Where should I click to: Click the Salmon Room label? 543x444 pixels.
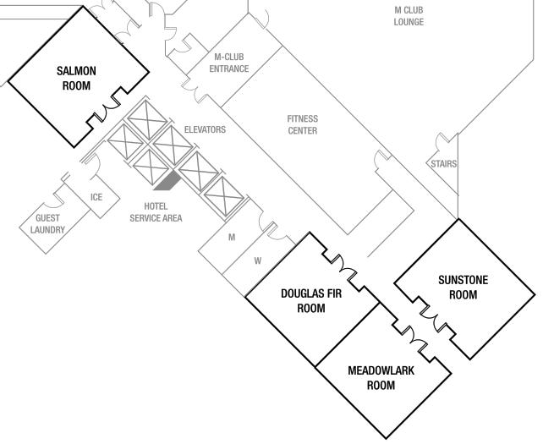(76, 78)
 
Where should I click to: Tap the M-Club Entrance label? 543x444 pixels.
(229, 63)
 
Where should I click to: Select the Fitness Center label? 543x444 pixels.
(302, 124)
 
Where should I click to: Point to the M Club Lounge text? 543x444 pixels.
(409, 16)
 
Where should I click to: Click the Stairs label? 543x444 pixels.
(443, 165)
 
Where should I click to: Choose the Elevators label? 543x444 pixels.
(205, 130)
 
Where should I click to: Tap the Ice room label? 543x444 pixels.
(96, 198)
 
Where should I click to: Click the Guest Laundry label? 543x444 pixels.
(47, 223)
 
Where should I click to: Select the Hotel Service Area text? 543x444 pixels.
(156, 212)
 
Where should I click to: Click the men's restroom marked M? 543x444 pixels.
(232, 238)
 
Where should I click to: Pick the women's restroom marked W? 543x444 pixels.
(258, 261)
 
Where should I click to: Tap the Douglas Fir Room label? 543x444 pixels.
(311, 300)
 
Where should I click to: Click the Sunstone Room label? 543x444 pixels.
(463, 288)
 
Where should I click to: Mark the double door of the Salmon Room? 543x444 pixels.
(109, 112)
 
